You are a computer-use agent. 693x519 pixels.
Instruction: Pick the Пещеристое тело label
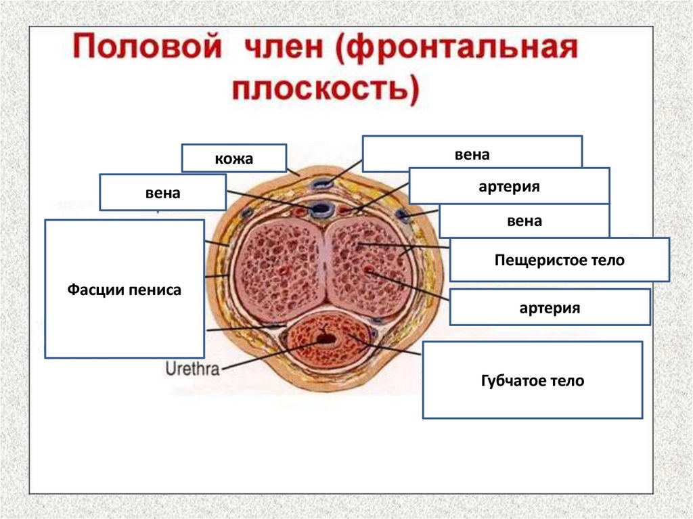point(559,260)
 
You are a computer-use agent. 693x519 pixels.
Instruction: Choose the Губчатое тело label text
point(532,381)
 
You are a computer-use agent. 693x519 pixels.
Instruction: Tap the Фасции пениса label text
point(125,290)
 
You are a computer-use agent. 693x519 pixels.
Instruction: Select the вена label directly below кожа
point(162,193)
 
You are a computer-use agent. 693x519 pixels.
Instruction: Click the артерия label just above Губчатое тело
point(550,308)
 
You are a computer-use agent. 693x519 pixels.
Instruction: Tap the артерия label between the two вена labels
point(509,187)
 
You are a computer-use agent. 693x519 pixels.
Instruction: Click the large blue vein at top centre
point(318,209)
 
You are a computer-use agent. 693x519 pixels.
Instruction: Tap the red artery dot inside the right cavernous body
point(369,270)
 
